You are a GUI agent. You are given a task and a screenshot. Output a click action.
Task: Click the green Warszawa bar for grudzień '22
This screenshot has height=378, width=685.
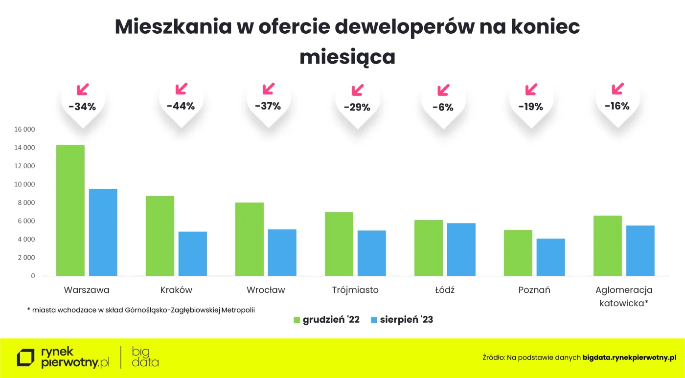tap(70, 210)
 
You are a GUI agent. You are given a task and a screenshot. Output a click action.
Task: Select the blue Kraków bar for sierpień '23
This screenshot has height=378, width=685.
tap(193, 253)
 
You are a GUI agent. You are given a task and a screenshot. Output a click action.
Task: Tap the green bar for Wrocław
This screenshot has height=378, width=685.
tap(250, 239)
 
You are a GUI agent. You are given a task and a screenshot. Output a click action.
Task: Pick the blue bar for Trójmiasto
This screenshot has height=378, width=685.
tap(371, 253)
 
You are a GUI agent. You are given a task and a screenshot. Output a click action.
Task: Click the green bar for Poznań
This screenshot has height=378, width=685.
tap(518, 253)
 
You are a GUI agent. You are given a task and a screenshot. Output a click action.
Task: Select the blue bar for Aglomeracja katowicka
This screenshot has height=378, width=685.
tap(640, 250)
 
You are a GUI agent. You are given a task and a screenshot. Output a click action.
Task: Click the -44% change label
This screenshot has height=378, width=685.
tap(181, 106)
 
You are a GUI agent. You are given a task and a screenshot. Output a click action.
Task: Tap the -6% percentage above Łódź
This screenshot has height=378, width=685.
tap(443, 108)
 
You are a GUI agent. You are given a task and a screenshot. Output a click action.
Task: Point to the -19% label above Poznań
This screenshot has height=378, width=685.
tap(531, 107)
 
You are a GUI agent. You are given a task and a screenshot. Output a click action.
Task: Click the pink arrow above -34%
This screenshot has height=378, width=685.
tap(83, 89)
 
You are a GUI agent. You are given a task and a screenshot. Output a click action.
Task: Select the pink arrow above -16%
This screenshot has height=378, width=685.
tap(618, 89)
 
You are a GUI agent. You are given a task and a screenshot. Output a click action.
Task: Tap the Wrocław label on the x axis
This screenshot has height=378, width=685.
tap(266, 290)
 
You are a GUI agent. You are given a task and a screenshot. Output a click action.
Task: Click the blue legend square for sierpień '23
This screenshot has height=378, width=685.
tap(374, 320)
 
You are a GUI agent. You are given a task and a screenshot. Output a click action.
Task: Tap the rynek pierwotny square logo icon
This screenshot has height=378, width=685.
tap(26, 358)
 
